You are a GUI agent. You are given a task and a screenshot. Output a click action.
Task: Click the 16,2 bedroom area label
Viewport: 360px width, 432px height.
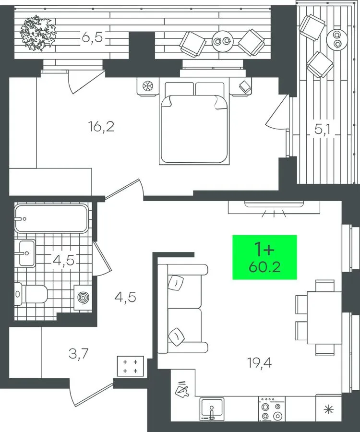(101, 127)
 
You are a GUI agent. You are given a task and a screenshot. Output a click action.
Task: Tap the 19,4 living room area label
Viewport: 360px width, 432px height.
(260, 363)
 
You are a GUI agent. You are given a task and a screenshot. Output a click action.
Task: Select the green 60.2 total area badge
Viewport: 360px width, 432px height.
(264, 257)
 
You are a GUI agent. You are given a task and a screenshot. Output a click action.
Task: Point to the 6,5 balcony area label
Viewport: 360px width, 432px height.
(92, 37)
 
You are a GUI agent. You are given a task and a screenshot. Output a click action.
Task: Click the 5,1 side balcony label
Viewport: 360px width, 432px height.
(323, 129)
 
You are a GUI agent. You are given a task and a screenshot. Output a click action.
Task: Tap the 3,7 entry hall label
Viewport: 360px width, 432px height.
(79, 353)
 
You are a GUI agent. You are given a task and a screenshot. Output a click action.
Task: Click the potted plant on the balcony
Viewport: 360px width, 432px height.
(38, 33)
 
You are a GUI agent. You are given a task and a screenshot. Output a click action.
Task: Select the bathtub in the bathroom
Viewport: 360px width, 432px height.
(51, 218)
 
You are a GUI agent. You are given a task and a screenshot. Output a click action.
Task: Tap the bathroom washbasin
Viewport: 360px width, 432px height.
(25, 253)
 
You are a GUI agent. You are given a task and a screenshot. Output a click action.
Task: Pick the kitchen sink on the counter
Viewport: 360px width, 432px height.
(212, 408)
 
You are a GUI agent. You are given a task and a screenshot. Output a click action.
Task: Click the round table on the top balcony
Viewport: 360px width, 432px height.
(223, 41)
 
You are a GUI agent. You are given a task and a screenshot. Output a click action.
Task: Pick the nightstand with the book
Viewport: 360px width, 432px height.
(241, 86)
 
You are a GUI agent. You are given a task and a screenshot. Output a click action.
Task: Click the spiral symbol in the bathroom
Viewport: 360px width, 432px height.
(83, 297)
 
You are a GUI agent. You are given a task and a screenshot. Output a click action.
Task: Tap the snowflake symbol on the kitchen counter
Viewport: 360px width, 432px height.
(328, 410)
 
